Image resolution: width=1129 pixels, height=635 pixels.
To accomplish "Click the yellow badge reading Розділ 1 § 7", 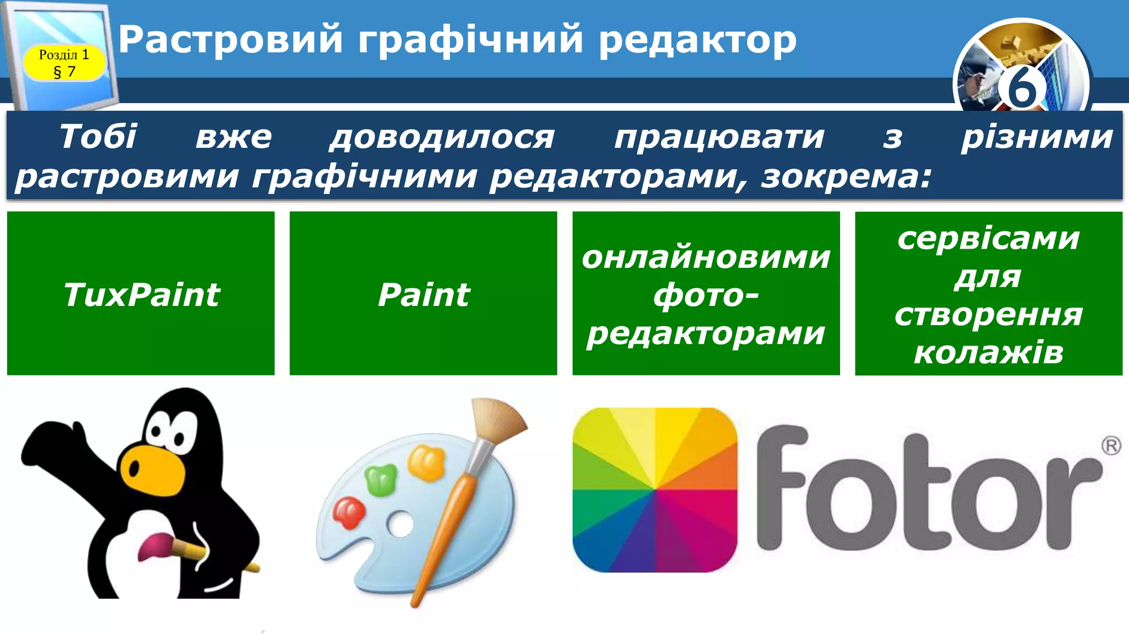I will tap(64, 62).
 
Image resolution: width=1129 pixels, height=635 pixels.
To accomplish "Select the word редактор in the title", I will tap(697, 40).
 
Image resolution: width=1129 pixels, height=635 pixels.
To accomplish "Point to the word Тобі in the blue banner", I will tap(98, 137).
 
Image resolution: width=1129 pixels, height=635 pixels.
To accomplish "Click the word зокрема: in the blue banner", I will tap(846, 177).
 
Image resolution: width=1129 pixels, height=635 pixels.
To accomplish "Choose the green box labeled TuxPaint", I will tap(141, 293).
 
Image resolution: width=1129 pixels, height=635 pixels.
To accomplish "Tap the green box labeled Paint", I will tap(423, 293).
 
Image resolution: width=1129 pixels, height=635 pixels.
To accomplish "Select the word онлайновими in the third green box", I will tap(706, 257).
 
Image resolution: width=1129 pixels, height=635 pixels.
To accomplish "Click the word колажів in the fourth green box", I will tap(988, 353).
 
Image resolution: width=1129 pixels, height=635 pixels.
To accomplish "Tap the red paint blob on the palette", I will tap(349, 512).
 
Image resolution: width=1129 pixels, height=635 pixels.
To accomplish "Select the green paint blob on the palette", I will tap(381, 478).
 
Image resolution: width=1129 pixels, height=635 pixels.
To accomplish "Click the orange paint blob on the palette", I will tap(426, 461).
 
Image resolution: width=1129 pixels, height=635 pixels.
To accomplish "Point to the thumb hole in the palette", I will tap(401, 523).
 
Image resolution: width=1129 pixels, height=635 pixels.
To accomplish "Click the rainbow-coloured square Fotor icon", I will tap(655, 489).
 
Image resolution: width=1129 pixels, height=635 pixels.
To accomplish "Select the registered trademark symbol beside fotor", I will tap(1111, 445).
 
